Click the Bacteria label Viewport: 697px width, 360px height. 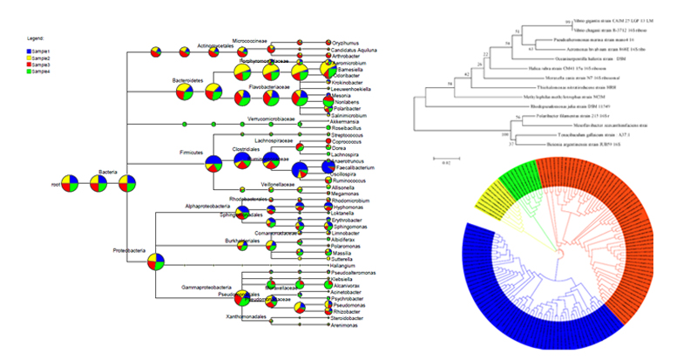coord(107,172)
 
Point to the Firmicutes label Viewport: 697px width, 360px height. coord(191,152)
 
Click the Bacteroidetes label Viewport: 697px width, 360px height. coord(187,80)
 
